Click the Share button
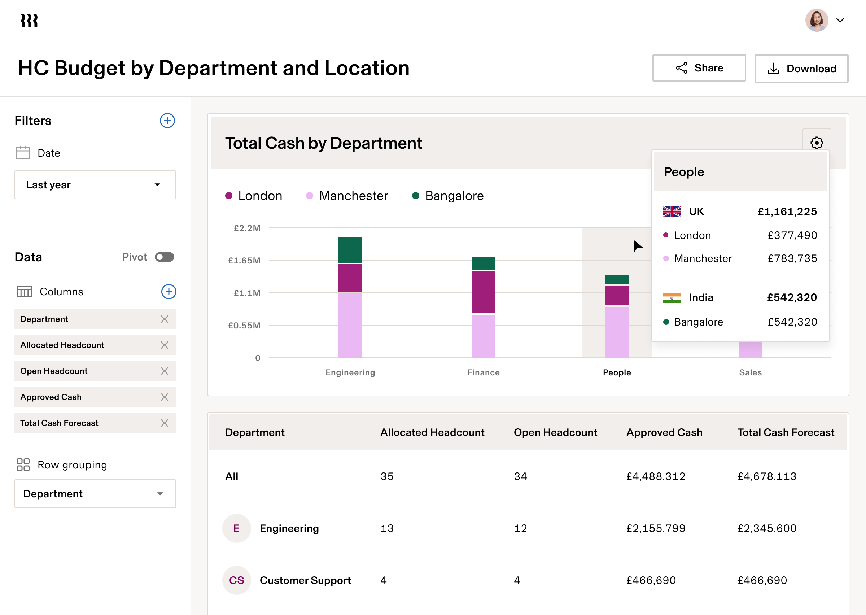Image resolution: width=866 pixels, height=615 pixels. point(699,68)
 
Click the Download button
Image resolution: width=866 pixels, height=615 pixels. point(801,69)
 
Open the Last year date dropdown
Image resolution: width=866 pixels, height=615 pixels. point(95,185)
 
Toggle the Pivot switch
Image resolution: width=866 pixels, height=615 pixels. point(165,257)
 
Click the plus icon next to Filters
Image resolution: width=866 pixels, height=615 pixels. point(167,121)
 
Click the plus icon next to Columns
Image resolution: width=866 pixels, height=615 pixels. point(169,292)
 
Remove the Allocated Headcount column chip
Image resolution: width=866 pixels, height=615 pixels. point(164,345)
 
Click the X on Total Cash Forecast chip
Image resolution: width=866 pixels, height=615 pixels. point(164,423)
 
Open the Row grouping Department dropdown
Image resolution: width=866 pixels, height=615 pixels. point(95,494)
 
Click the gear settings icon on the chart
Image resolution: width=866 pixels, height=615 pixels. point(817,143)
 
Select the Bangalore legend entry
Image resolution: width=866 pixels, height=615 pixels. point(448,196)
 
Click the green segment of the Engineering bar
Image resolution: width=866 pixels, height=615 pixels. point(350,250)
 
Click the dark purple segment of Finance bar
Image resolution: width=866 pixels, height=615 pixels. point(484,292)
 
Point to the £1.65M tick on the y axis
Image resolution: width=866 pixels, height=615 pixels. point(244,261)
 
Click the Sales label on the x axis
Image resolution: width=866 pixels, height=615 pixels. point(750,372)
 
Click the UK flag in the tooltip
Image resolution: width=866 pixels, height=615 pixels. point(672,211)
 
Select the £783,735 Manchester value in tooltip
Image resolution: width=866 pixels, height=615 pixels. point(792,259)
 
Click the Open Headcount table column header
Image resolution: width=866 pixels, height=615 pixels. point(555,432)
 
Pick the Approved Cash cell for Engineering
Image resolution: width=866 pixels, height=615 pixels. point(656,528)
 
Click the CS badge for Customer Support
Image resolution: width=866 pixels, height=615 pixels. point(237,580)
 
